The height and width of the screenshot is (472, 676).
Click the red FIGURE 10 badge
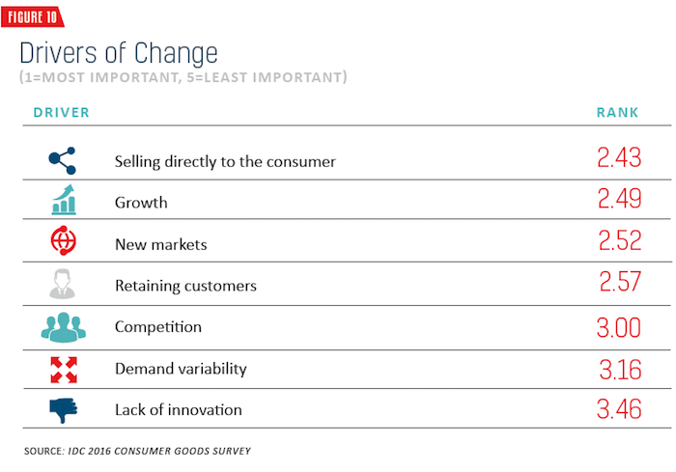click(x=32, y=16)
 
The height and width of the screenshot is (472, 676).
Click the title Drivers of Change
click(x=119, y=53)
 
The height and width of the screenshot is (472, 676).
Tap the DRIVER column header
click(x=61, y=113)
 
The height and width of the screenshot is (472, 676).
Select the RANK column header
click(x=617, y=113)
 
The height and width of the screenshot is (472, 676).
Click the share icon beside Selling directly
click(x=63, y=160)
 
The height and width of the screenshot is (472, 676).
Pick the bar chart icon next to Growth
click(x=64, y=200)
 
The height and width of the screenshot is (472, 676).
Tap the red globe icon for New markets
click(x=64, y=240)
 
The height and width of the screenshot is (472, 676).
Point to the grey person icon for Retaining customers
click(x=63, y=284)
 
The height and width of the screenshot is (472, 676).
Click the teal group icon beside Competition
click(x=64, y=327)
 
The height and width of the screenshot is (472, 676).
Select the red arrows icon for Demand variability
click(x=64, y=370)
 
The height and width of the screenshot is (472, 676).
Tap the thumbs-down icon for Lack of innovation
click(x=64, y=410)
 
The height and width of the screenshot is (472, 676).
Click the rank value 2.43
click(x=619, y=157)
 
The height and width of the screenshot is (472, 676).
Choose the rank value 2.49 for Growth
click(x=620, y=199)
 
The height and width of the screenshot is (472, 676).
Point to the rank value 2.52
click(x=620, y=240)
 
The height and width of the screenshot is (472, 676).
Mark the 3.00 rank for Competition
click(x=619, y=327)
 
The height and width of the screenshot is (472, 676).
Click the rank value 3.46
click(x=619, y=409)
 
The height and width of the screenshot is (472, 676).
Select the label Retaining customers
click(x=185, y=286)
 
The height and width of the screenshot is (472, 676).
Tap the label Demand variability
click(x=182, y=369)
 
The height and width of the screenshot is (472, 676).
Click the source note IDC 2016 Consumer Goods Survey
click(x=159, y=452)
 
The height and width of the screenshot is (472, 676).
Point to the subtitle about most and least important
click(x=183, y=77)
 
